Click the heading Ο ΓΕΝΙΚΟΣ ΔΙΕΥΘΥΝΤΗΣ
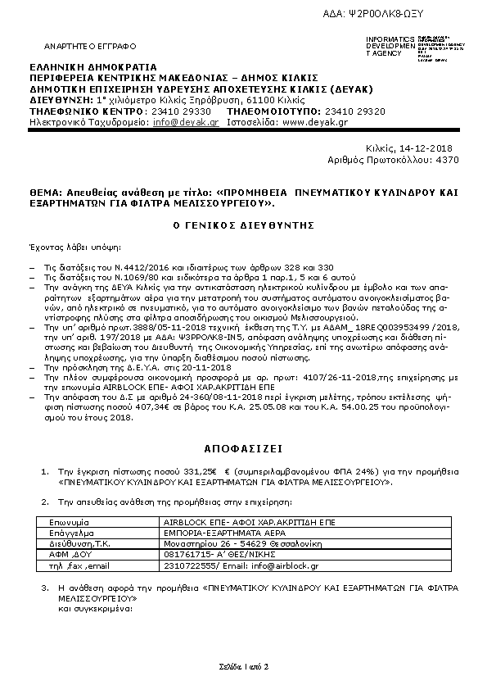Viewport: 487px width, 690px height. (243, 225)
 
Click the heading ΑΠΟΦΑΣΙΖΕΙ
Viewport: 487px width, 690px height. (243, 450)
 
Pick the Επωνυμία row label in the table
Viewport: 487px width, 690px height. (68, 521)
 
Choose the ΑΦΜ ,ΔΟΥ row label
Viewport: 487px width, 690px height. (65, 553)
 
